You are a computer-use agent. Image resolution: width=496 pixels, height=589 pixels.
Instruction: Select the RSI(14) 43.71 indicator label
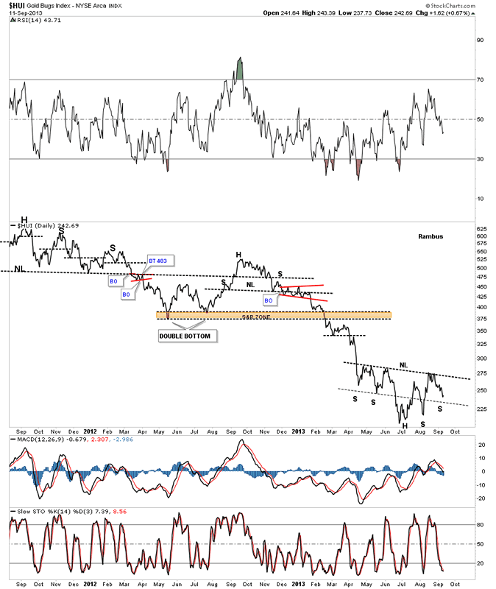click(x=31, y=22)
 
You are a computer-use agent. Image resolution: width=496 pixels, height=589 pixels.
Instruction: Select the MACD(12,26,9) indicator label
click(x=35, y=440)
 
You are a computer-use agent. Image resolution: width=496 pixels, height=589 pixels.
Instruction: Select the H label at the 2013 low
click(x=404, y=426)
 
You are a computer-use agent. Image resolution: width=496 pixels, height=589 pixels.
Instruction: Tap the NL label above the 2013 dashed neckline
click(x=403, y=365)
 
